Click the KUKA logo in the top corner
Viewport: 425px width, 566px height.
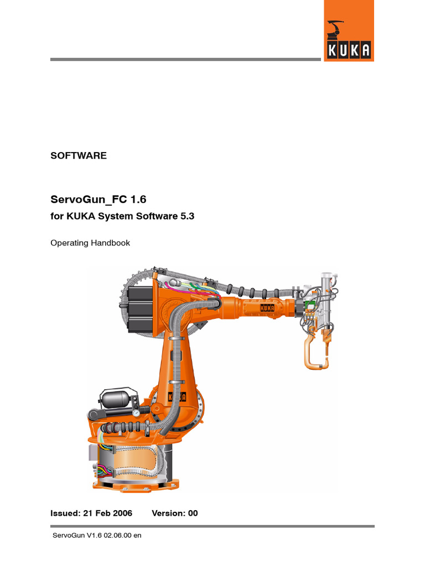349,31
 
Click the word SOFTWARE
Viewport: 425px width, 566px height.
79,155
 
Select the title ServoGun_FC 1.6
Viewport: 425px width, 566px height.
99,199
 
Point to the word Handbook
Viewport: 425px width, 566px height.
110,243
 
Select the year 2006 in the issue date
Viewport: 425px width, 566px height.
122,513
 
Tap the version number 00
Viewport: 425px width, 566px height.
193,513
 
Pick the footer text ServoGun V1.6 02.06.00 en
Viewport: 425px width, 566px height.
97,535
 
